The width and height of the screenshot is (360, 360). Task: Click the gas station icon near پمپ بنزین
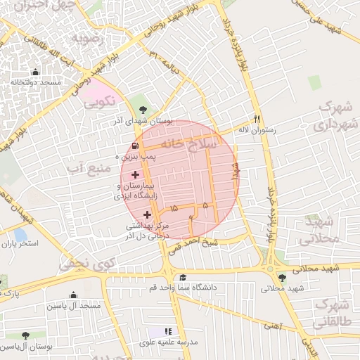(x=133, y=146)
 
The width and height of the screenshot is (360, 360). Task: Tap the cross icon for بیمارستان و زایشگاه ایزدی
(x=136, y=174)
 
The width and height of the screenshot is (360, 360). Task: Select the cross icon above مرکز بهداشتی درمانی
(x=147, y=214)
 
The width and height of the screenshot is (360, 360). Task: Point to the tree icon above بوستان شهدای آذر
(x=144, y=109)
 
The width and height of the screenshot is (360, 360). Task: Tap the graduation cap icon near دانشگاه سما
(x=183, y=278)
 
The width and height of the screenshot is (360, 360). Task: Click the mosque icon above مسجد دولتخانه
(x=35, y=72)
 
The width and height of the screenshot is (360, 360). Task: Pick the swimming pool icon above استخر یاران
(x=20, y=234)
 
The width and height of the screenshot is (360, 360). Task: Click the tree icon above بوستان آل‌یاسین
(x=26, y=336)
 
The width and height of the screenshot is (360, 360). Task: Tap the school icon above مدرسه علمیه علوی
(x=168, y=331)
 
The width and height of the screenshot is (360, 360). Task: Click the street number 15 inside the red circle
(x=174, y=208)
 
